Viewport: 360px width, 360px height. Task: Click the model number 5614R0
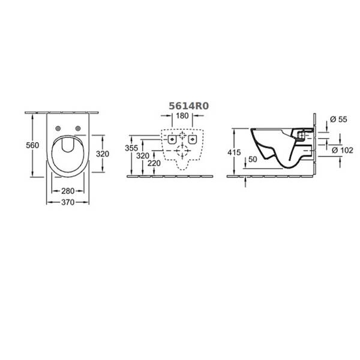coord(189,106)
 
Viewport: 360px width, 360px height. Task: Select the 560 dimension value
coord(32,145)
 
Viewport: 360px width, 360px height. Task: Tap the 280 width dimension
coord(68,191)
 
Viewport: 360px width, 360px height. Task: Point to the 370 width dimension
coord(68,202)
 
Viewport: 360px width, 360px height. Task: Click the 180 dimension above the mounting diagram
coord(182,116)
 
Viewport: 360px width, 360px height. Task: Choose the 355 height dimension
coord(131,148)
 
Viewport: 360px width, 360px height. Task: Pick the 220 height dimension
coord(154,163)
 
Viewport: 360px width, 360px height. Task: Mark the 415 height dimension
coord(234,152)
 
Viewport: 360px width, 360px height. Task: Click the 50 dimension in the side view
coord(253,160)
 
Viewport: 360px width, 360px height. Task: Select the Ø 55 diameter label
coord(338,119)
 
